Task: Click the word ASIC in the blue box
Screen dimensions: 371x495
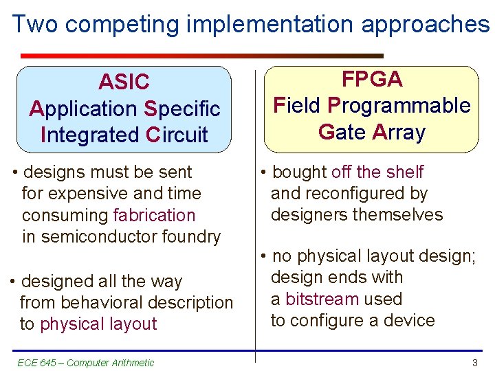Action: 124,82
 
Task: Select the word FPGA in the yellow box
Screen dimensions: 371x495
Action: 372,80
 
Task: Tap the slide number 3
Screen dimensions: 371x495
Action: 474,363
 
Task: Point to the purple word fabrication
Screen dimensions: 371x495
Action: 154,215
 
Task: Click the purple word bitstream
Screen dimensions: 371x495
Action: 322,299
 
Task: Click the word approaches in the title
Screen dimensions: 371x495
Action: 425,25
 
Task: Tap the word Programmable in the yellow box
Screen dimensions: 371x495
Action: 399,106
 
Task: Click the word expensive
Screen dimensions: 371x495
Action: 87,194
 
